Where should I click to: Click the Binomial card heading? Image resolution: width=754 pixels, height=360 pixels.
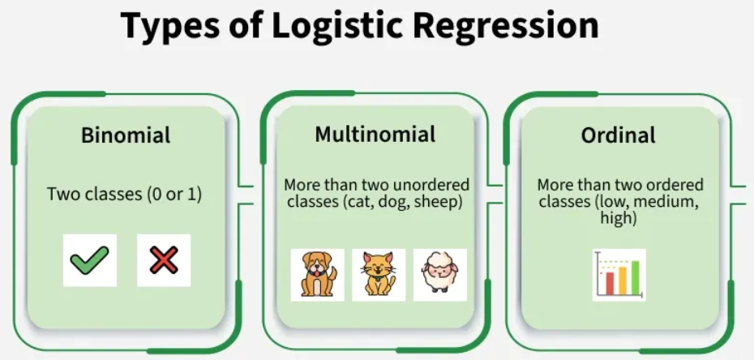(126, 135)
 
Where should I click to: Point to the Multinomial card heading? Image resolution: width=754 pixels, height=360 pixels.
(375, 134)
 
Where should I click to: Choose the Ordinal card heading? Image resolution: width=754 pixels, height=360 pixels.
(618, 135)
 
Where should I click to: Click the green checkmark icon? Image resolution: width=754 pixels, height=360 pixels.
(89, 261)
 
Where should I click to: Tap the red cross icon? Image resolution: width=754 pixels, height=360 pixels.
(164, 261)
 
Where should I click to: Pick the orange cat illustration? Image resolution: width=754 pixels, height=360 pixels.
(378, 274)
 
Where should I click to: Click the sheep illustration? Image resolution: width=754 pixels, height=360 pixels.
(440, 274)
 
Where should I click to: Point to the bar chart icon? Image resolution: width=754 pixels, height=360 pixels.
(619, 276)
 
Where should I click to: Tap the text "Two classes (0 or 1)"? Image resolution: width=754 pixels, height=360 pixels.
(126, 195)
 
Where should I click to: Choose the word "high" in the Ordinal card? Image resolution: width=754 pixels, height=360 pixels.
(618, 217)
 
